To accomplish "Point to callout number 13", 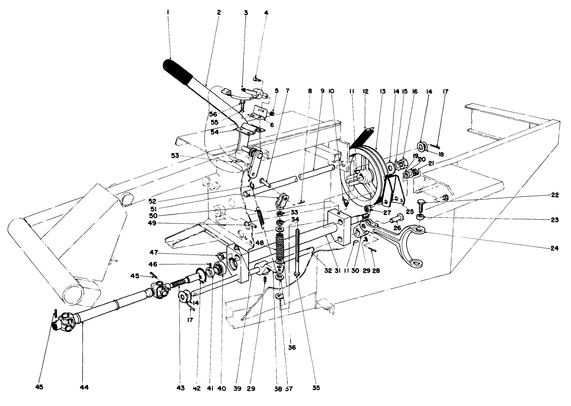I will (x=383, y=92).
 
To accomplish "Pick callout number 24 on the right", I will (x=554, y=249).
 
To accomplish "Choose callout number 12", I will (x=366, y=92).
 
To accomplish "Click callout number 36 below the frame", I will (x=292, y=348).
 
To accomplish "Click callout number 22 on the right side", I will (x=554, y=196).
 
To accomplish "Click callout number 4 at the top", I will (x=266, y=13).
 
